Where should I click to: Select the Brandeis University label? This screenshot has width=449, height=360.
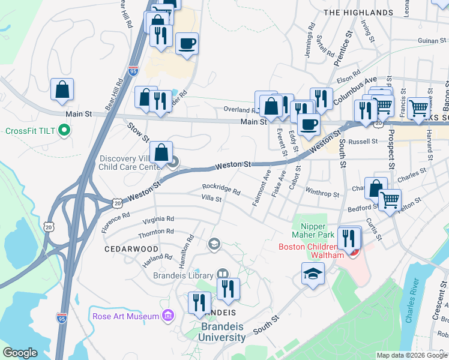coord(223,331)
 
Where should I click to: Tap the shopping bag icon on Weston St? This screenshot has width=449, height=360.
coord(161,153)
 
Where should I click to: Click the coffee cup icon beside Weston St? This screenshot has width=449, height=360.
coord(309,124)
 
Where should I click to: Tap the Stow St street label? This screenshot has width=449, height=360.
coord(138,132)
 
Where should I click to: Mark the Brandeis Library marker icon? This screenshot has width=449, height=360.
coord(223,274)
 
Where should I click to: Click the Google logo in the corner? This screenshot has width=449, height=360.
coord(20,353)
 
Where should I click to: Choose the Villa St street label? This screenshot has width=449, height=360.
coord(211,198)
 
